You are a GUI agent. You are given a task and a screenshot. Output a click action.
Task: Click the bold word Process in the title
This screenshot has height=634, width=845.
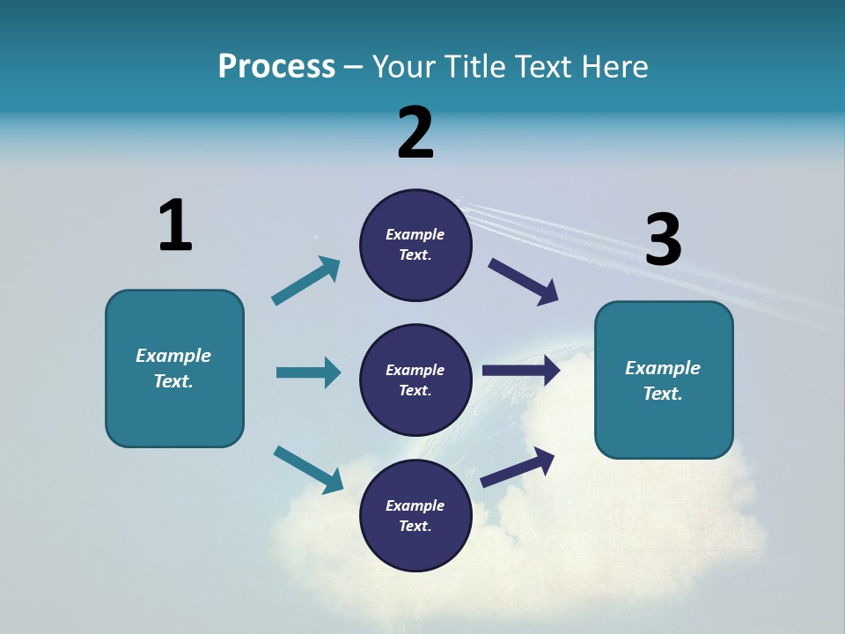click(276, 67)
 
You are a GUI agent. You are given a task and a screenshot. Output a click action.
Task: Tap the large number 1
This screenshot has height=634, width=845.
click(175, 225)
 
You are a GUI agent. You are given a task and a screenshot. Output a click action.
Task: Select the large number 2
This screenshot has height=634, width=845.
click(415, 133)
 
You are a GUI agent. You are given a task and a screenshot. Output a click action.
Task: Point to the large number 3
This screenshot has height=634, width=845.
click(663, 240)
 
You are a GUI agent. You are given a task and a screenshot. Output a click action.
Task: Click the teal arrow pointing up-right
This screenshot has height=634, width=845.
click(306, 281)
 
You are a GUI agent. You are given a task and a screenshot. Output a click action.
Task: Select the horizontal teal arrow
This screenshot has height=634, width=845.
click(308, 372)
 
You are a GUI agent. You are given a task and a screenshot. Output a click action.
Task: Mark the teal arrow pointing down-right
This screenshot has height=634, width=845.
click(308, 468)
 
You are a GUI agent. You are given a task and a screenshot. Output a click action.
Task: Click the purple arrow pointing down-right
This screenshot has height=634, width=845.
click(523, 282)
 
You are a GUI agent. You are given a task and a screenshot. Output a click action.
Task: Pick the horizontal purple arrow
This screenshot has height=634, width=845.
click(520, 371)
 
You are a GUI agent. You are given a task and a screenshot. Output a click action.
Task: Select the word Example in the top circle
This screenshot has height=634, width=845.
click(415, 234)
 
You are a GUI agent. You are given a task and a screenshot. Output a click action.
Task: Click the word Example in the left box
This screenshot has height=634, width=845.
click(173, 356)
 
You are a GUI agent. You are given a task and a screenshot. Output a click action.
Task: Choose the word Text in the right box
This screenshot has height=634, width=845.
click(661, 394)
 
